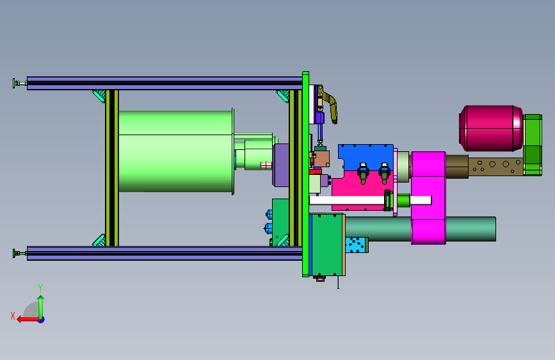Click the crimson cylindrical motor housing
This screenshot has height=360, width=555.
coord(491,128)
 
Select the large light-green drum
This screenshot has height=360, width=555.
coord(176,152)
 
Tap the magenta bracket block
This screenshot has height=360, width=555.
coord(428,198)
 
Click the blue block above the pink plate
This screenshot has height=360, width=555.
coord(366,157)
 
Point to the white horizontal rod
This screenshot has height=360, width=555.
coord(370,200)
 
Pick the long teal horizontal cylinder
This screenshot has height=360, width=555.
coord(421,229)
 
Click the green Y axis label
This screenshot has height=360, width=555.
coord(40,288)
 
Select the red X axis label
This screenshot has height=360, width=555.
coord(13,316)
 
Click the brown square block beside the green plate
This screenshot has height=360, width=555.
coord(321,159)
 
